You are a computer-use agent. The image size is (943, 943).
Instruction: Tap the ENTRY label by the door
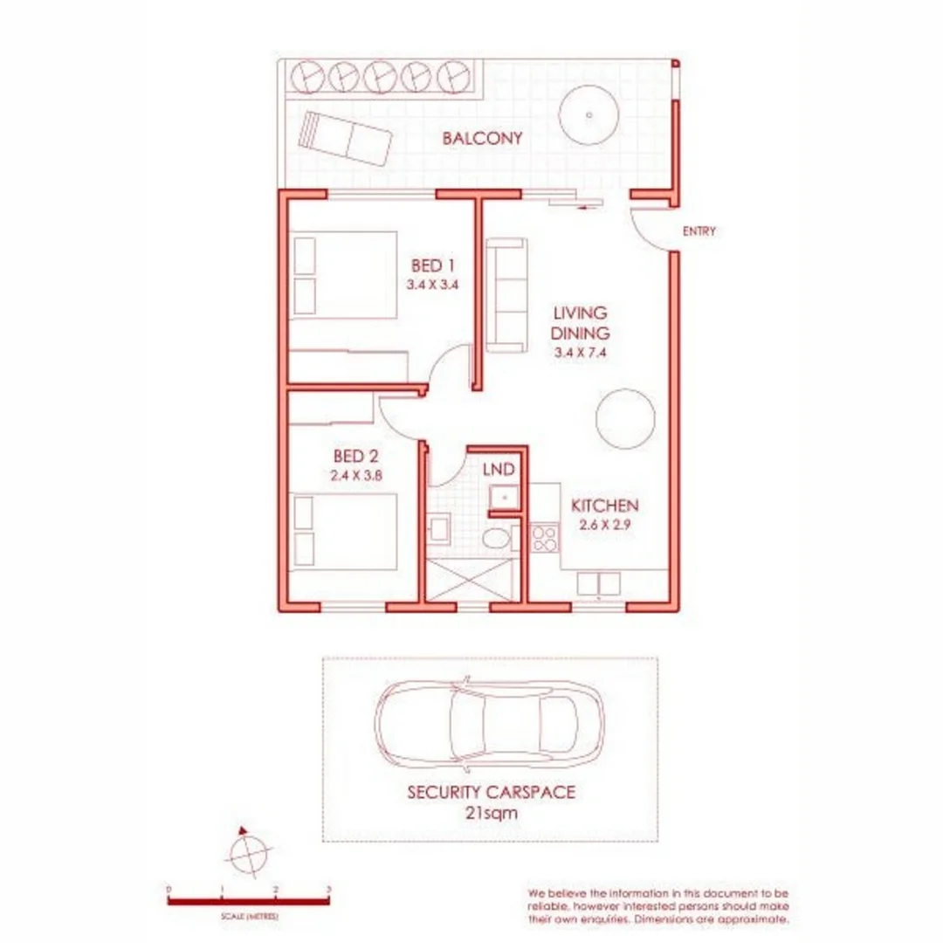coord(699,231)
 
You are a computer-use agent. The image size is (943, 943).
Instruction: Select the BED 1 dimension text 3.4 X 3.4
coord(432,285)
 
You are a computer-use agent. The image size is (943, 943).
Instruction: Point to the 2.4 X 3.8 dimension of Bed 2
coord(358,477)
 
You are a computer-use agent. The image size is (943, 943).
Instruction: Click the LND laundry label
coord(499,470)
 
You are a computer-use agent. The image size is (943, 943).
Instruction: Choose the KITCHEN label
coord(605,506)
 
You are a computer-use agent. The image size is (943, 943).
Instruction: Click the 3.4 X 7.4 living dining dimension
coord(580,354)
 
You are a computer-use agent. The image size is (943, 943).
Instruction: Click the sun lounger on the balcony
coord(345,138)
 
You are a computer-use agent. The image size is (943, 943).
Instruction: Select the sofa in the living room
coord(506,295)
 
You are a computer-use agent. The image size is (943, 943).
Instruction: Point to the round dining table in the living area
coord(625,419)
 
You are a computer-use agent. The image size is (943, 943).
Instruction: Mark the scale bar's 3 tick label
coord(328,889)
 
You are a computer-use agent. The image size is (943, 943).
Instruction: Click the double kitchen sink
coord(598,583)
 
